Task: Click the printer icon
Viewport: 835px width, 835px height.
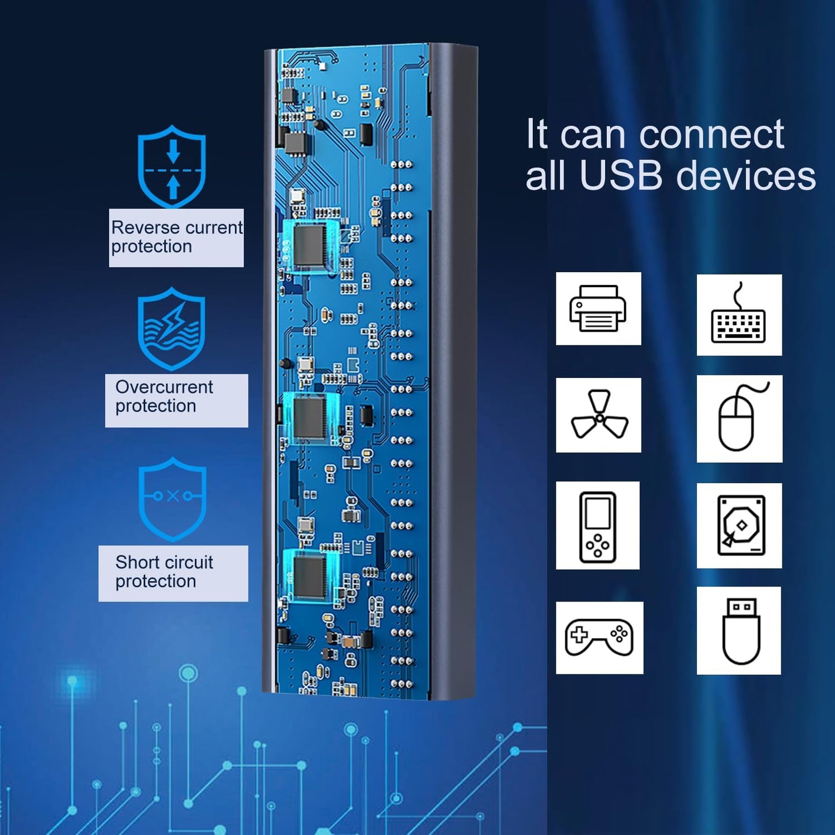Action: click(598, 309)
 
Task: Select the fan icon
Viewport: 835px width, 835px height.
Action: click(599, 415)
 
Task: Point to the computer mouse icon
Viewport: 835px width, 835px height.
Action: click(739, 418)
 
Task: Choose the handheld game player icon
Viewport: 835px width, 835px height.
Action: click(598, 526)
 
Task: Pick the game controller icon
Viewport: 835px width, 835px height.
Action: click(599, 637)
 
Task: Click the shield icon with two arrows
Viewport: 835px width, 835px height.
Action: click(172, 166)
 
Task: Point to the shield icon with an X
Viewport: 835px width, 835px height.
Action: click(172, 498)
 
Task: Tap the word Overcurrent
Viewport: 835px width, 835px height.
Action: click(164, 387)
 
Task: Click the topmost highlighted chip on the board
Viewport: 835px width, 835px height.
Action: click(311, 244)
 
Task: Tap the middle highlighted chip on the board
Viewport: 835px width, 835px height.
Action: click(310, 417)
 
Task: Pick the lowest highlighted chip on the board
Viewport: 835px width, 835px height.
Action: click(310, 576)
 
